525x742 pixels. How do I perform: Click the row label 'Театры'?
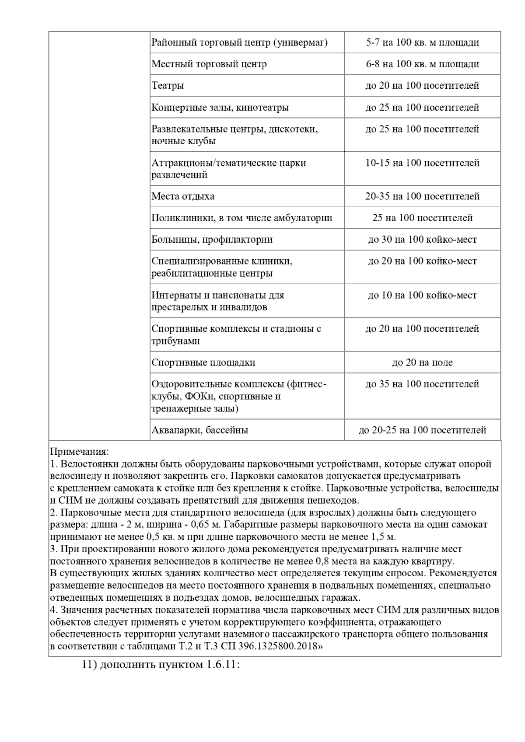click(168, 86)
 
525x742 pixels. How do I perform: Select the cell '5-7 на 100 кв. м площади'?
click(422, 42)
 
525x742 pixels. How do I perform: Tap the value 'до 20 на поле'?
click(422, 362)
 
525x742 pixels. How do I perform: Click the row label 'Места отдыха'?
click(183, 196)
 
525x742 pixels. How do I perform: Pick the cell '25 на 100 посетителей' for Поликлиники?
click(422, 218)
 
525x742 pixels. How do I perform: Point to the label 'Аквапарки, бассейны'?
click(200, 430)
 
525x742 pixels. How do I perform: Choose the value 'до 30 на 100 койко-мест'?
click(422, 240)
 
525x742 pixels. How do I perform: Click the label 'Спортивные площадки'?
click(203, 362)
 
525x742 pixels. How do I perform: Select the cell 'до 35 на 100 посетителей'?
click(422, 384)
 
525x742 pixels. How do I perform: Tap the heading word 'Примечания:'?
click(79, 451)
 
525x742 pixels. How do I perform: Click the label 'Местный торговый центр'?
click(209, 64)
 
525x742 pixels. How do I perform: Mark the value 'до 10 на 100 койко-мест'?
click(422, 295)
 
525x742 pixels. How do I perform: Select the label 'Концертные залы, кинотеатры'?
click(220, 108)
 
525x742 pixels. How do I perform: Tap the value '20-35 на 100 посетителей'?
click(422, 196)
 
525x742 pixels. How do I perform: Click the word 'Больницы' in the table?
click(171, 240)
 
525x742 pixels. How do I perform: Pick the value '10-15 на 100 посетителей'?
click(422, 163)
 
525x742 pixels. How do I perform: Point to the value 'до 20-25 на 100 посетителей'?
click(422, 430)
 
